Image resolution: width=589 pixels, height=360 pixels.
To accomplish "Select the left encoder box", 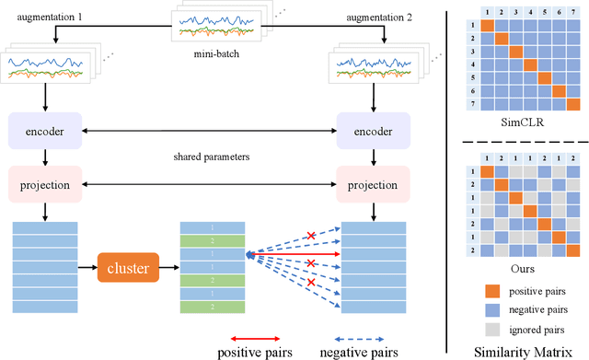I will (43, 130).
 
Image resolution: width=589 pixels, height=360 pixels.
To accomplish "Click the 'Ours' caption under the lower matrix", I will (521, 268).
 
